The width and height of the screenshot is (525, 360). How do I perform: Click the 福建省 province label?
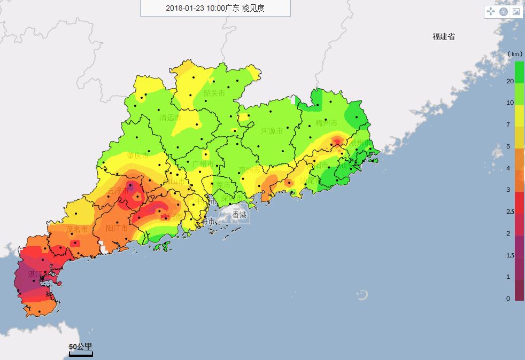tap(444, 37)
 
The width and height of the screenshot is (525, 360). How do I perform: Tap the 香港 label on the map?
tap(240, 215)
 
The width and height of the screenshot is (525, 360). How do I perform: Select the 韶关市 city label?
tap(214, 93)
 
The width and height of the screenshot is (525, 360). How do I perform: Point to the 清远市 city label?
tap(170, 118)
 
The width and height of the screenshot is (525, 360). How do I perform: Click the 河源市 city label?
tap(272, 131)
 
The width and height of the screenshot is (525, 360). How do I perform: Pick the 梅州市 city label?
tap(327, 123)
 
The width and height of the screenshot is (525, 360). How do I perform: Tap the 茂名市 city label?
tap(76, 229)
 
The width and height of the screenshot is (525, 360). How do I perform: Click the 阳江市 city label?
tap(117, 229)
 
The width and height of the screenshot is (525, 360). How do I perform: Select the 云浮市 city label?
tap(118, 191)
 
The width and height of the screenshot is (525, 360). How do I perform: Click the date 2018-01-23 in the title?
tap(183, 8)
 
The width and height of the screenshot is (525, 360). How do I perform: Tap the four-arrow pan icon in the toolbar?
tap(490, 11)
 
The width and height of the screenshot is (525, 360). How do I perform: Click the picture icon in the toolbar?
tap(516, 11)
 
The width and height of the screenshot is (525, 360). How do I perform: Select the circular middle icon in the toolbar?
tap(503, 11)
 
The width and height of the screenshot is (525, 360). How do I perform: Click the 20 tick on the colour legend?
tap(509, 81)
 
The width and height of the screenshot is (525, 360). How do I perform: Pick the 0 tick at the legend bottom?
tap(508, 299)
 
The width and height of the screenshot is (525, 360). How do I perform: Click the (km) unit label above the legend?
tap(514, 54)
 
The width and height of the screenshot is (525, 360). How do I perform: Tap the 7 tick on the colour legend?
tap(509, 124)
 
